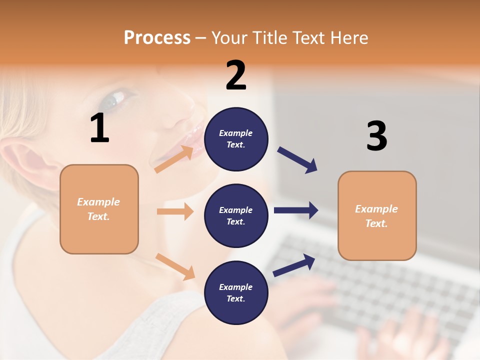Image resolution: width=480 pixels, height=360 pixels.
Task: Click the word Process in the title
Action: [x=157, y=37]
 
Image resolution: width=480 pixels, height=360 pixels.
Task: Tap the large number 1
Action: [x=99, y=128]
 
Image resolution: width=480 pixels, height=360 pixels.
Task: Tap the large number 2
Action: [x=236, y=75]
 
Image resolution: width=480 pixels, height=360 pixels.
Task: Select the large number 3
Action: [x=376, y=136]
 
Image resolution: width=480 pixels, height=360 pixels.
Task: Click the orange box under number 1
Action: [x=99, y=209]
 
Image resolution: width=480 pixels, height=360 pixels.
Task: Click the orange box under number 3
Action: [x=377, y=215]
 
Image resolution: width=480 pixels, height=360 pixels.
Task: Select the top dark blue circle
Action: [x=236, y=139]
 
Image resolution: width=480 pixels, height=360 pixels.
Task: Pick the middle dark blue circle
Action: [x=236, y=215]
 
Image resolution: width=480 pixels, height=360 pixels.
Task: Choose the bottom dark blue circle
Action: [x=236, y=292]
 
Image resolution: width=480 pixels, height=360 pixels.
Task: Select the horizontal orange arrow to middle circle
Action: [x=175, y=211]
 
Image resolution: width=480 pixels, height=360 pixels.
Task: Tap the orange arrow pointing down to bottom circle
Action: [x=175, y=266]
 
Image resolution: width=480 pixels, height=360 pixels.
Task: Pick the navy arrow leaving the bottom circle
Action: [x=294, y=265]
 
